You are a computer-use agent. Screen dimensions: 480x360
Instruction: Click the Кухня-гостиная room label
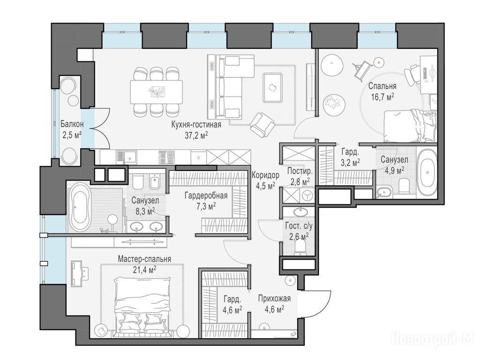pyautogui.click(x=196, y=125)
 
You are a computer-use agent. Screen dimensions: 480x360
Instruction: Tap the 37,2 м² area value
pyautogui.click(x=196, y=135)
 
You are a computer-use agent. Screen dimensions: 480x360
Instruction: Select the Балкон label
pyautogui.click(x=72, y=124)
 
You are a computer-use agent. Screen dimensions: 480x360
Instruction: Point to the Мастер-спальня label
pyautogui.click(x=144, y=259)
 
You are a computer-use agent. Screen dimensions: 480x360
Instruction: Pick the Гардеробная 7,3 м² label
pyautogui.click(x=206, y=201)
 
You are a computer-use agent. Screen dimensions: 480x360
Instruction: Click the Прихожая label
pyautogui.click(x=274, y=298)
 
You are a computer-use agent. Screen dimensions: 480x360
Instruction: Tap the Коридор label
pyautogui.click(x=265, y=175)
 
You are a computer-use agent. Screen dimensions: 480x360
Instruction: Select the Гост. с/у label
pyautogui.click(x=299, y=226)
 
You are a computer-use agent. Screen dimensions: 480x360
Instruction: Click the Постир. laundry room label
pyautogui.click(x=300, y=171)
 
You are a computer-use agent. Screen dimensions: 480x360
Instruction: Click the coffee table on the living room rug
pyautogui.click(x=273, y=87)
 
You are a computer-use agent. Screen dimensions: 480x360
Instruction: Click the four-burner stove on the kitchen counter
pyautogui.click(x=166, y=157)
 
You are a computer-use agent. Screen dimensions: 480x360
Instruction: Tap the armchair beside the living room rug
pyautogui.click(x=262, y=125)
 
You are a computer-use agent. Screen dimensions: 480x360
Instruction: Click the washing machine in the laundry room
pyautogui.click(x=307, y=195)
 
